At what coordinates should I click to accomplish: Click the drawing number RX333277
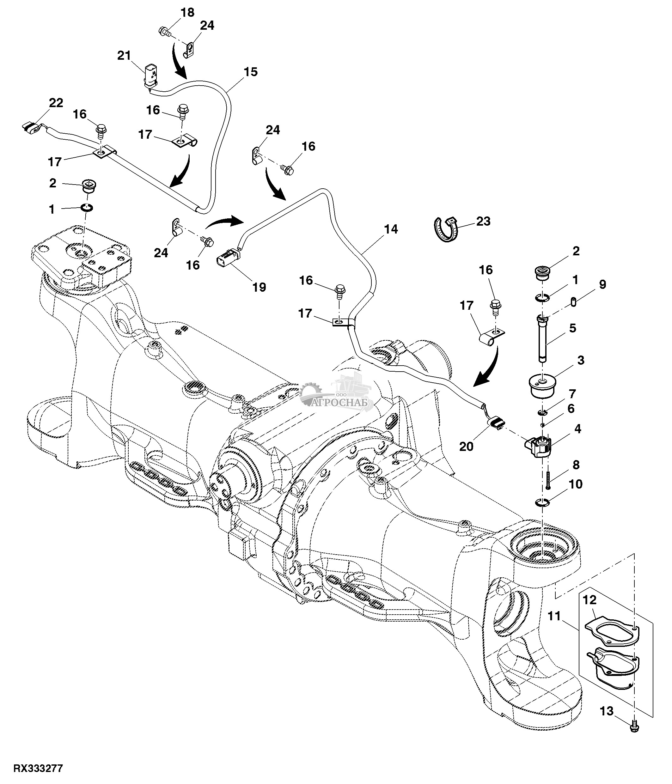pyautogui.click(x=38, y=768)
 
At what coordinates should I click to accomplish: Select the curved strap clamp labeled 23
pyautogui.click(x=446, y=228)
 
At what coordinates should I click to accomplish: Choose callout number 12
pyautogui.click(x=590, y=600)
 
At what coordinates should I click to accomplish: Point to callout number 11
pyautogui.click(x=554, y=617)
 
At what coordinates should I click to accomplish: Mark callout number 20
pyautogui.click(x=466, y=447)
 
